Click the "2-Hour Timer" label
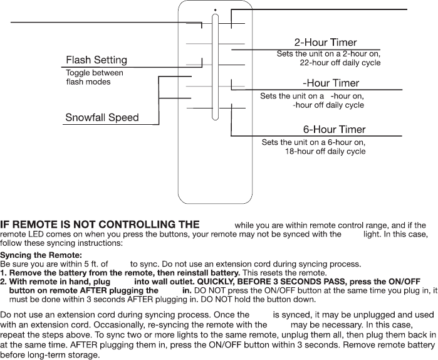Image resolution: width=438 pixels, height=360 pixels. coord(326,43)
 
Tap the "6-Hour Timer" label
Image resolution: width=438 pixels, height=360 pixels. coord(334,130)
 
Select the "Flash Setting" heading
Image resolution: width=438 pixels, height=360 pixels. coord(96,60)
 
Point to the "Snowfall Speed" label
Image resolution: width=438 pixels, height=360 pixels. coord(102,117)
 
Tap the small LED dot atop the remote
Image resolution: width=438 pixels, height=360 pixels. coord(214,9)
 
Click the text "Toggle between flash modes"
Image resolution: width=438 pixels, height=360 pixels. coord(95,77)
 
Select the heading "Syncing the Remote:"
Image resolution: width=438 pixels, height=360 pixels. coord(41,255)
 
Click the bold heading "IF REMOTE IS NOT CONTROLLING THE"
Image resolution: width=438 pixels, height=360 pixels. coord(101,225)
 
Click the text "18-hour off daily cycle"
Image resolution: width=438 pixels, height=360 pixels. coord(325,152)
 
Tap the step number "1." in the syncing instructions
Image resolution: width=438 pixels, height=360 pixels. coord(4,273)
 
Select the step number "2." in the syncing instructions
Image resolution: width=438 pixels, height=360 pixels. coord(4,282)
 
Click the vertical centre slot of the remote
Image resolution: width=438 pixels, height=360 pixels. coord(215,69)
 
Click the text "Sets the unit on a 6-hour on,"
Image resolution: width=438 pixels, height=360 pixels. coord(313,142)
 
